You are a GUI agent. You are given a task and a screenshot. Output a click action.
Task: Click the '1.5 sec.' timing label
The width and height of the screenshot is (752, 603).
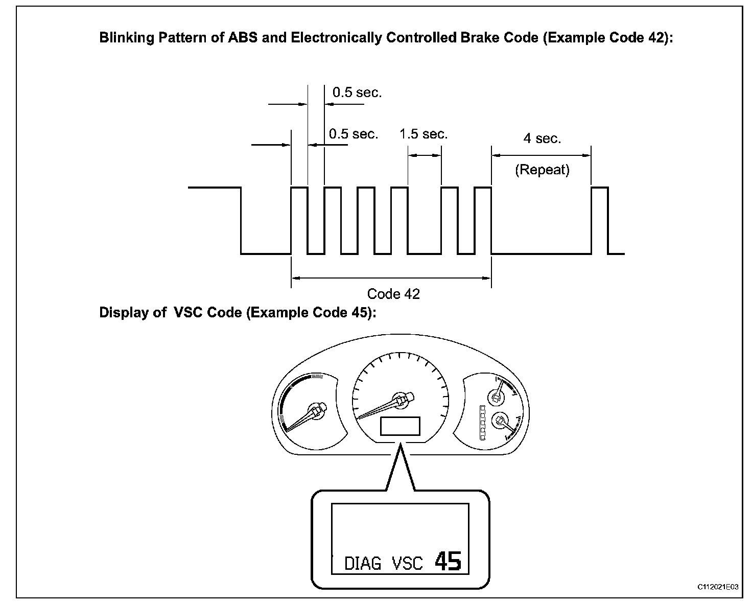pos(423,134)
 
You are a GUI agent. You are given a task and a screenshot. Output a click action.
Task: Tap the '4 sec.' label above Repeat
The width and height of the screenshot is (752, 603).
pos(542,138)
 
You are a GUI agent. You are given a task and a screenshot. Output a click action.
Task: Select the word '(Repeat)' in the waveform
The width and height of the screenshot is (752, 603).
pos(542,170)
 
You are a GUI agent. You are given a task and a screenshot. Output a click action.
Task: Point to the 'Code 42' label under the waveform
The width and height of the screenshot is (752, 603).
pos(393,294)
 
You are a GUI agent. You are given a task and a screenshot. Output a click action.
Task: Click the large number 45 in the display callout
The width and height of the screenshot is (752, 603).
pos(448,561)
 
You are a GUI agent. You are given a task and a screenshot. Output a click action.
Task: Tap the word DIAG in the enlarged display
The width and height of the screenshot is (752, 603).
pos(363,563)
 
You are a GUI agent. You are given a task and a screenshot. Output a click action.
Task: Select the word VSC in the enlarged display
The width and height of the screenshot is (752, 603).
pos(407,563)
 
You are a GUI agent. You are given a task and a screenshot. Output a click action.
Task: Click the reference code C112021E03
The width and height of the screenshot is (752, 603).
pos(718,587)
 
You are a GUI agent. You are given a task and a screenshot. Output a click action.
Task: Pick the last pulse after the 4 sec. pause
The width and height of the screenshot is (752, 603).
pos(600,220)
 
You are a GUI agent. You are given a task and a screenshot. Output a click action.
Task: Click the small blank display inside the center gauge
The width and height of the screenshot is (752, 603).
pos(400,426)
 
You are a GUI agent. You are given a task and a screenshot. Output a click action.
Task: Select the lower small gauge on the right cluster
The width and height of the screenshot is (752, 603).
pos(499,421)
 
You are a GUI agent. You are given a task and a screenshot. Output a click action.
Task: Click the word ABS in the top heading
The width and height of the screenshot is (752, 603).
pos(243,38)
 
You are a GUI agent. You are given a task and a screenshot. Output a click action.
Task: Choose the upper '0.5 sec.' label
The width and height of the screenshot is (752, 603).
pos(357,92)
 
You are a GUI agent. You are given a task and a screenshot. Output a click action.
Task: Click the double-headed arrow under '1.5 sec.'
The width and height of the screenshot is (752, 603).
pos(424,155)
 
